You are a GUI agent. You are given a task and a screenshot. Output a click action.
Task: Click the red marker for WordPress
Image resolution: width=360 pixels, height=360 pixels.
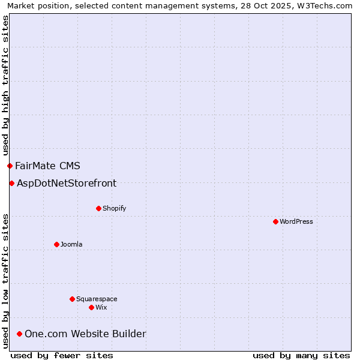(x=275, y=221)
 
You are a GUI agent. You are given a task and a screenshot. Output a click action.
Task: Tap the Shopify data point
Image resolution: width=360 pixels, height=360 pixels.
(x=98, y=208)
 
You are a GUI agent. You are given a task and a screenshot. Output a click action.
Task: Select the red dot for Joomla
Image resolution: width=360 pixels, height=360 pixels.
(x=56, y=244)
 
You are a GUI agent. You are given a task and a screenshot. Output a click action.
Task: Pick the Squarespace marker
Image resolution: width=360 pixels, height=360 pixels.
(x=72, y=299)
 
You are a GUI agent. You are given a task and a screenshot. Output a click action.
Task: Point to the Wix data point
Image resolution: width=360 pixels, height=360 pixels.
(x=91, y=307)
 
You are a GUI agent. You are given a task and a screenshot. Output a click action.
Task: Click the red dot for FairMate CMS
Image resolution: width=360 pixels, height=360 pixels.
(x=10, y=166)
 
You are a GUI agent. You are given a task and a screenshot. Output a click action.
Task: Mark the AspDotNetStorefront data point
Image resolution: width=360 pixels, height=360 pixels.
(x=11, y=183)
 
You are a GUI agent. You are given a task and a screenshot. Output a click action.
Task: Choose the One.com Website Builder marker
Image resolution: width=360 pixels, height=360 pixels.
(x=19, y=334)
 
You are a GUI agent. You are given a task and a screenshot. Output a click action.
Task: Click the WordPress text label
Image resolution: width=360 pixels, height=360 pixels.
(x=296, y=221)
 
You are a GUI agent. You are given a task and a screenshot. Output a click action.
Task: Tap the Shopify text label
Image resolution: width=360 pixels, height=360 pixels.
(x=115, y=208)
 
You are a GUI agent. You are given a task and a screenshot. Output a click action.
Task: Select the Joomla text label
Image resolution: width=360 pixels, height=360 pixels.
(x=71, y=244)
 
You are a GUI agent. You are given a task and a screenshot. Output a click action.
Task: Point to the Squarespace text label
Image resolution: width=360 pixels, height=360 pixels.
(x=97, y=299)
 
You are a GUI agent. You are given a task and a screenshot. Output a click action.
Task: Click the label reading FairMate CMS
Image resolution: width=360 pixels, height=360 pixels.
(x=47, y=166)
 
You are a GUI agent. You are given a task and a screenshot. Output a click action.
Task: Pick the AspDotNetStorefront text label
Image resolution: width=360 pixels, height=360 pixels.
(x=67, y=183)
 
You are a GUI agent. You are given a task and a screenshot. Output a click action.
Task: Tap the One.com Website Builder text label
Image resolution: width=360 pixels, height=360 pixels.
(x=85, y=334)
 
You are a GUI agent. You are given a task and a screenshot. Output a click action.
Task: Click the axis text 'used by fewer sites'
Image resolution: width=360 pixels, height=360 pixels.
(x=62, y=355)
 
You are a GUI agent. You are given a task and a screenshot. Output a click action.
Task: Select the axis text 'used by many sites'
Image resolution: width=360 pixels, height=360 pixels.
(x=301, y=355)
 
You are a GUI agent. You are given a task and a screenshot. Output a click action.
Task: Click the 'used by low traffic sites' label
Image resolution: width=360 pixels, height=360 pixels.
(x=5, y=280)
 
